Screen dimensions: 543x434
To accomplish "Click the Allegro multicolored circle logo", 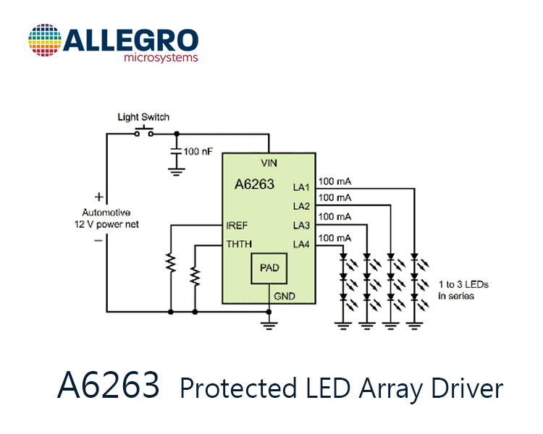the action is pos(45,41).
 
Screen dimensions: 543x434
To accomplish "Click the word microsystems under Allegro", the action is pos(161,57).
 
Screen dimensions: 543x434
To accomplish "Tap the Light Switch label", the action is pos(143,117).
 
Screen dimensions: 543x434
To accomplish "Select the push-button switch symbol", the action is pos(144,132).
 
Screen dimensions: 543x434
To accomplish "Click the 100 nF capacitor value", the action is pos(198,152).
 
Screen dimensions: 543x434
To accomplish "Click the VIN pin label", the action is pos(269,163).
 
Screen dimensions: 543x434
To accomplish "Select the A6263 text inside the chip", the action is pos(255,184).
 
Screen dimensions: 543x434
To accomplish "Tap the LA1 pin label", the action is pos(301,187).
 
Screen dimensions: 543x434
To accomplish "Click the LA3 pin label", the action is pos(301,225).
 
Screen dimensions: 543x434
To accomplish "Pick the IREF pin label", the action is pos(237,226).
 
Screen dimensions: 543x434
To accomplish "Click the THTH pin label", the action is pos(239,244).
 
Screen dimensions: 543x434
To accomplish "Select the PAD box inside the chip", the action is pos(269,268).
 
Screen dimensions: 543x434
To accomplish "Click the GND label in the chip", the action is pos(285,297).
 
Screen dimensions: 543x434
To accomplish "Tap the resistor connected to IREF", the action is pos(171,263).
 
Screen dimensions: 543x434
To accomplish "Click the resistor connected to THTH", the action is pos(195,276).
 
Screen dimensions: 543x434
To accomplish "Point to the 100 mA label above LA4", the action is pos(335,238).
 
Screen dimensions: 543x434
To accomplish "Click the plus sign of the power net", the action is pos(99,197).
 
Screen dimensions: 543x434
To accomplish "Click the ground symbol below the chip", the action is pos(269,325).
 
